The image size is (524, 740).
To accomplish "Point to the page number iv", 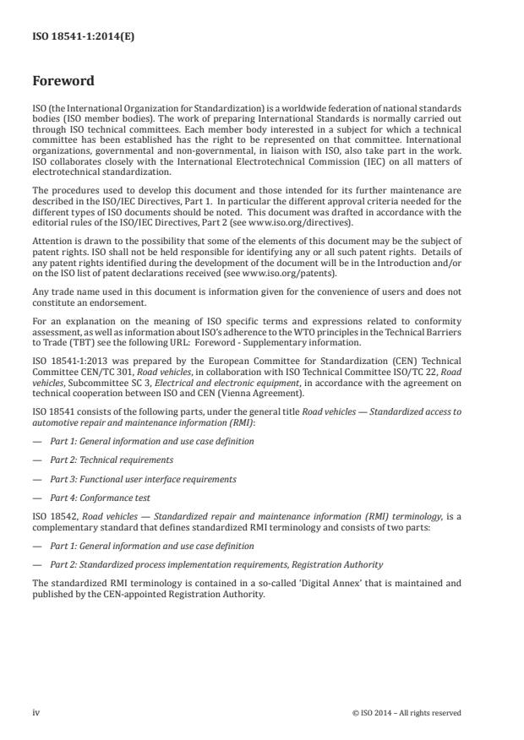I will click(35, 713).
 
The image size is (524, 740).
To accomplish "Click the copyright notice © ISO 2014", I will click(407, 713).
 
